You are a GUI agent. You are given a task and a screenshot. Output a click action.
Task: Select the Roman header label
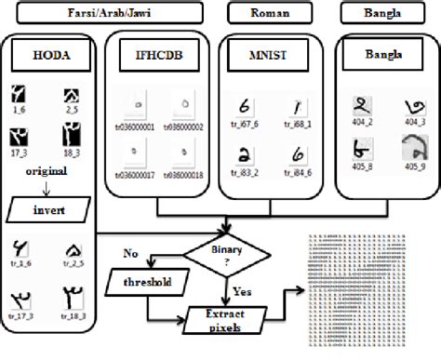[x=264, y=13]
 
